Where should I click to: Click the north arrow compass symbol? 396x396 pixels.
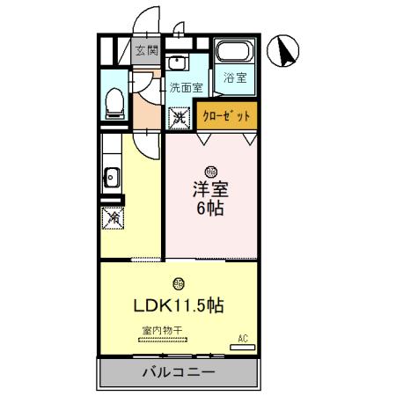click(x=285, y=51)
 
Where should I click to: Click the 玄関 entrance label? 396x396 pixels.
click(x=145, y=51)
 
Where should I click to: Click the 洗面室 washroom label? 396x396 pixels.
click(x=186, y=87)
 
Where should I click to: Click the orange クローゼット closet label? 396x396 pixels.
click(x=226, y=116)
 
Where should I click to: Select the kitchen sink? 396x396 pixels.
click(x=112, y=176)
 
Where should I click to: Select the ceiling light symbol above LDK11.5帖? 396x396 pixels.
click(x=179, y=283)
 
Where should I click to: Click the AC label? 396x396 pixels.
click(x=242, y=336)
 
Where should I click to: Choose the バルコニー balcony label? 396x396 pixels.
click(x=179, y=372)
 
